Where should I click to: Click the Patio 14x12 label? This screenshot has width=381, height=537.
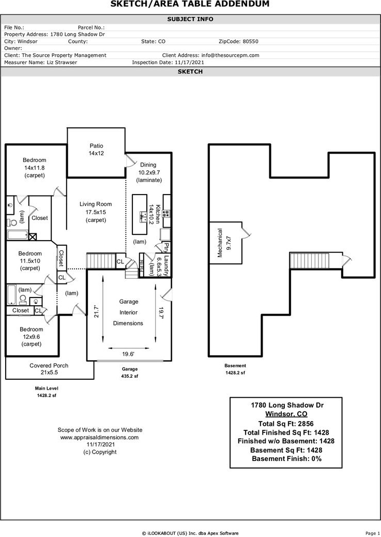[x=96, y=150]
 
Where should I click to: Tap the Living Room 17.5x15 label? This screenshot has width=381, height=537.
[x=96, y=212]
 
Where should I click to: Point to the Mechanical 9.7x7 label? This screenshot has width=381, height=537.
[x=224, y=243]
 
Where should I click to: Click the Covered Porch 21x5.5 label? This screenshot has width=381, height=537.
[x=49, y=369]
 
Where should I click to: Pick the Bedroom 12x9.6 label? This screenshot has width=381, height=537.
[x=31, y=336]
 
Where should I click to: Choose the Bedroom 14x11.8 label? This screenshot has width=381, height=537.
[x=34, y=168]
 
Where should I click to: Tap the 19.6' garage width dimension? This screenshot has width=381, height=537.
[x=129, y=354]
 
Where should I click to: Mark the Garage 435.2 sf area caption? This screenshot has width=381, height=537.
[x=129, y=372]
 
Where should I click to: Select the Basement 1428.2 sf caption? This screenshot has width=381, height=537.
[x=235, y=369]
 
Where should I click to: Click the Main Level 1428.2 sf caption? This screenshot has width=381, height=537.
[x=47, y=392]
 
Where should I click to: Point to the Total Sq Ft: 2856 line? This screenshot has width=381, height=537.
[x=286, y=423]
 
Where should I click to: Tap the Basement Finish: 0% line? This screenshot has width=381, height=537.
[x=286, y=458]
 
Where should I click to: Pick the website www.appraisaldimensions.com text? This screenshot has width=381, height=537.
[x=100, y=437]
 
